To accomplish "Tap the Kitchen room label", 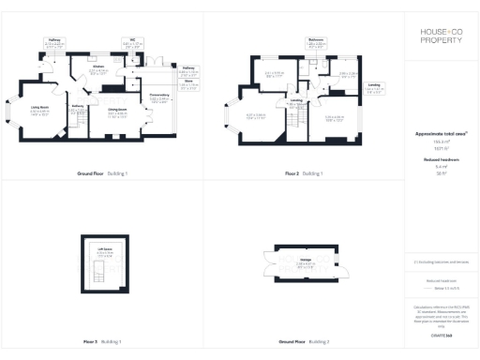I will pyautogui.click(x=97, y=68).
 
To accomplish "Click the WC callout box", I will pyautogui.click(x=133, y=43).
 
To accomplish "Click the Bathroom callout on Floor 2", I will pyautogui.click(x=315, y=42).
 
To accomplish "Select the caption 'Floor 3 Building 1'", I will pyautogui.click(x=101, y=341).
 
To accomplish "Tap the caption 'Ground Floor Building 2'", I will pyautogui.click(x=303, y=341).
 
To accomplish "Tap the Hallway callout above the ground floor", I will pyautogui.click(x=55, y=43).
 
